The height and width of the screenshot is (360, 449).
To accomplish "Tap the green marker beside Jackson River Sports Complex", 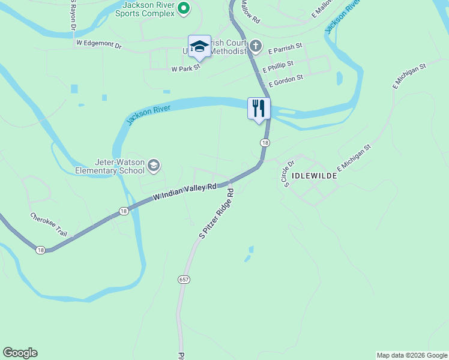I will (x=184, y=8).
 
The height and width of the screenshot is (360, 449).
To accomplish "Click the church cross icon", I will (x=256, y=46).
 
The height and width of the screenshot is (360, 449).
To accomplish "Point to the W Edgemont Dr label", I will (x=99, y=44).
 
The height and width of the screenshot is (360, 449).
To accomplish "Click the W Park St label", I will (x=185, y=69).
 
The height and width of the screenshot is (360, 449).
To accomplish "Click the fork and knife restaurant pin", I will (x=259, y=109).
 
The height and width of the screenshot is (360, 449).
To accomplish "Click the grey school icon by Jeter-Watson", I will (x=154, y=166).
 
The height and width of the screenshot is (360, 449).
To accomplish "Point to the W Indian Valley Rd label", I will (x=184, y=192).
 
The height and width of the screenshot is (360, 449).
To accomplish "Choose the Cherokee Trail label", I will (x=49, y=224).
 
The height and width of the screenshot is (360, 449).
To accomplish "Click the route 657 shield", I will (x=184, y=280).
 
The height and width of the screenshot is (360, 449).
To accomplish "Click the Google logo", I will (x=20, y=353).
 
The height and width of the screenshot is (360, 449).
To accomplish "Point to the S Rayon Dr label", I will (x=72, y=15).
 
